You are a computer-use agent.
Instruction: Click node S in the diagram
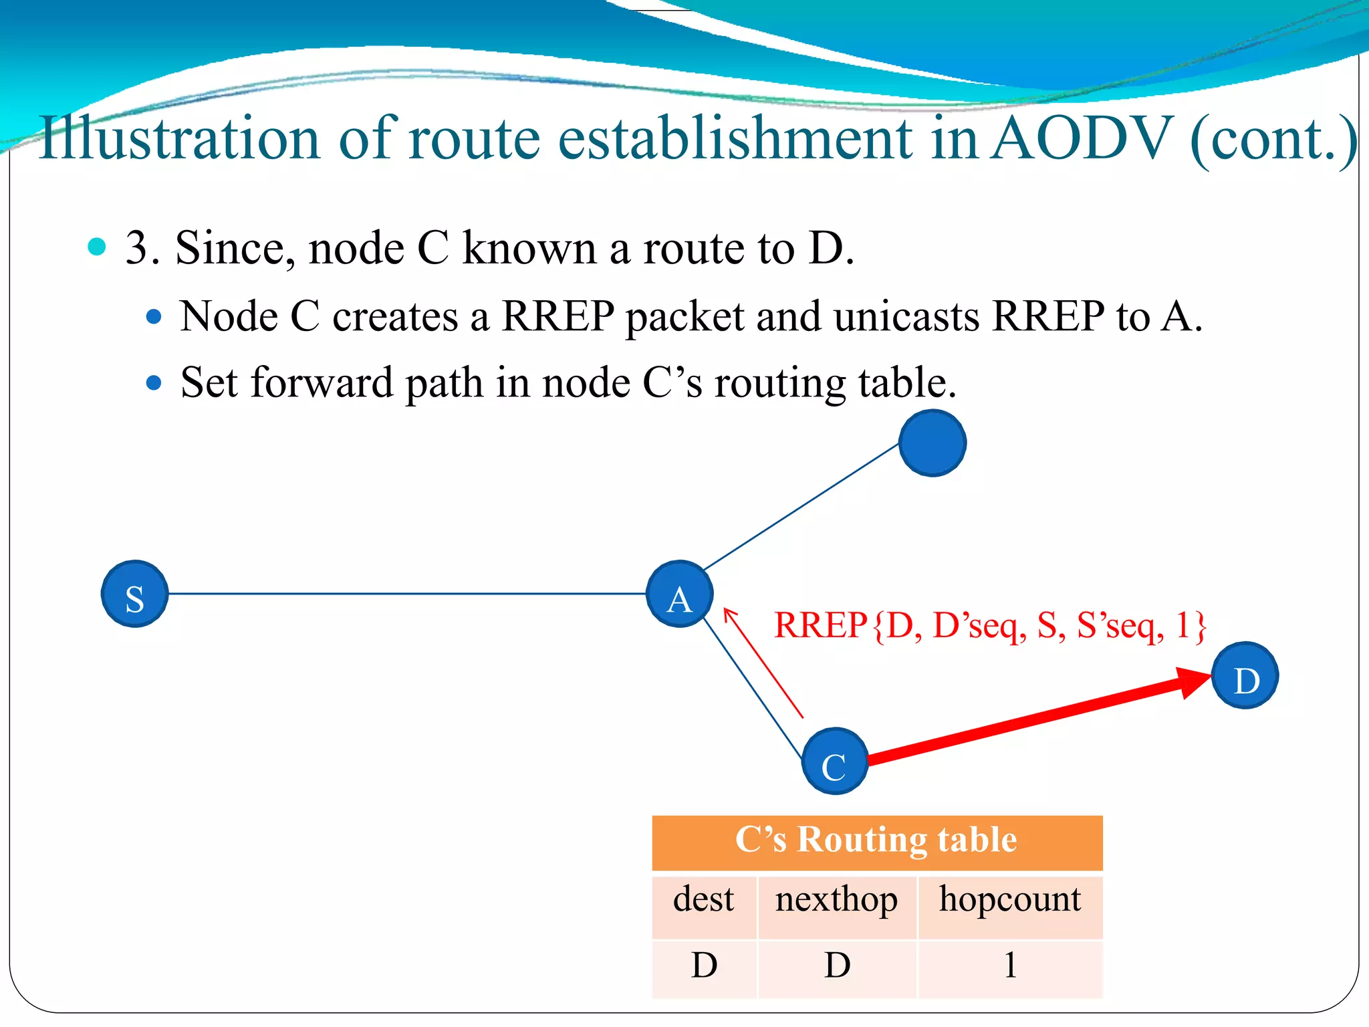click(134, 594)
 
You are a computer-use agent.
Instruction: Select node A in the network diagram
click(679, 594)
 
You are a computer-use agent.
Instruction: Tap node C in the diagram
click(834, 761)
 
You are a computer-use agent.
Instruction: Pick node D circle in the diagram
click(1245, 675)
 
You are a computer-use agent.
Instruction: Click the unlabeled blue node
click(932, 443)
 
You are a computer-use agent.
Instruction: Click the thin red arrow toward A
click(763, 662)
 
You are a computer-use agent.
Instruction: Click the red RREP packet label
click(989, 626)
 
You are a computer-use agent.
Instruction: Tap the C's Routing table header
click(876, 840)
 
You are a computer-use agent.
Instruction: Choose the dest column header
click(703, 899)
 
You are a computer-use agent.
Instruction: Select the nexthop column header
click(836, 899)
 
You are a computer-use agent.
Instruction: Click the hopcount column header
click(1009, 899)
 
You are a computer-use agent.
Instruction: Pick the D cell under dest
click(704, 965)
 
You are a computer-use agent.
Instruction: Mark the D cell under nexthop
click(837, 965)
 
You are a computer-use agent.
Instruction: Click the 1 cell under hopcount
click(1010, 965)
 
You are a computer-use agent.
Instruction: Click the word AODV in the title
click(1082, 138)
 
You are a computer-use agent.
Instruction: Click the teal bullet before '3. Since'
click(97, 246)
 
